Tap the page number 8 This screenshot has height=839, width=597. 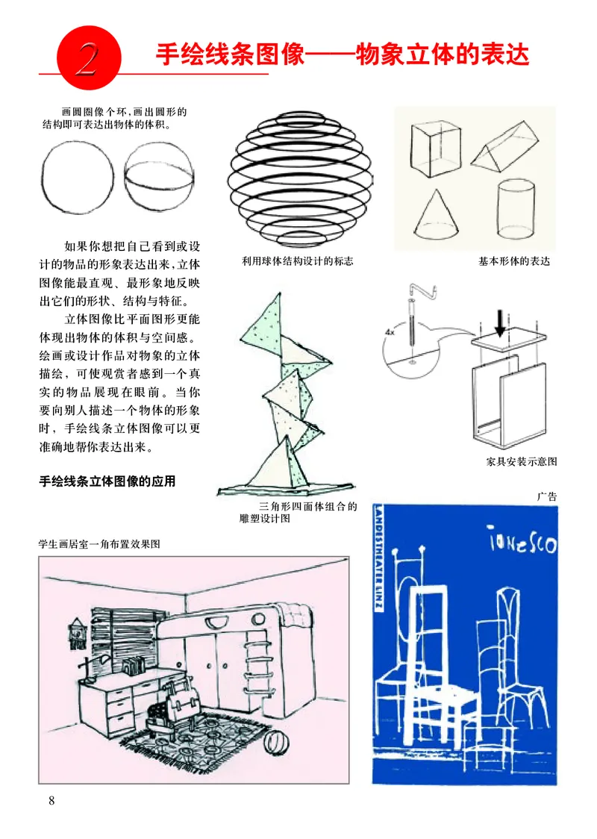click(51, 801)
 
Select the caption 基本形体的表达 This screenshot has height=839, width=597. click(513, 261)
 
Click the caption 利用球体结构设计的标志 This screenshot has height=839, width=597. click(297, 261)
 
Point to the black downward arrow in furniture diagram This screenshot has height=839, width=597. click(500, 324)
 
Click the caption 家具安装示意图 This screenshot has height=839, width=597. click(521, 462)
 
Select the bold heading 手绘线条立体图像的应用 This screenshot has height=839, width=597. click(107, 481)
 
